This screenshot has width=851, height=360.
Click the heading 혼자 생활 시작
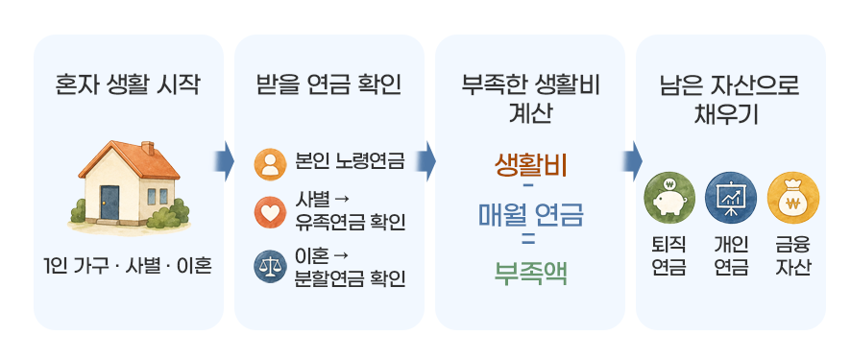coord(128,86)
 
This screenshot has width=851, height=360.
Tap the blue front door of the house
coord(109,203)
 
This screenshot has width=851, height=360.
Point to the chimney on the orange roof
coord(148,149)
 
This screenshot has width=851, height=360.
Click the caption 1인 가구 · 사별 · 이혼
coord(128,267)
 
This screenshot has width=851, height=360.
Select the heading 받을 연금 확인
coord(328,86)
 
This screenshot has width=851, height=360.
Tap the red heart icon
coord(270,213)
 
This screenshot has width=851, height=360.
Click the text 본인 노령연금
coord(350,161)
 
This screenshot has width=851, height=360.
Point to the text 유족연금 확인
coord(350,223)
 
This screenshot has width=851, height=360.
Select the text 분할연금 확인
coord(350,278)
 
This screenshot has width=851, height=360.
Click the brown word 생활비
coord(530,165)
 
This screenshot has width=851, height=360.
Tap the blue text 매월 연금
coord(530,215)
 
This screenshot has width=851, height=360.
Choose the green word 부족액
coord(530,273)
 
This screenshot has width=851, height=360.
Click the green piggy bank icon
coord(669,198)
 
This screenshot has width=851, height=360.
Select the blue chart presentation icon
coord(731,198)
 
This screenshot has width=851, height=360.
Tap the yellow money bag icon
coord(793,198)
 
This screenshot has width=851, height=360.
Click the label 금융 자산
coord(793,256)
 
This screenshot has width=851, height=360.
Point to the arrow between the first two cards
coord(224,161)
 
